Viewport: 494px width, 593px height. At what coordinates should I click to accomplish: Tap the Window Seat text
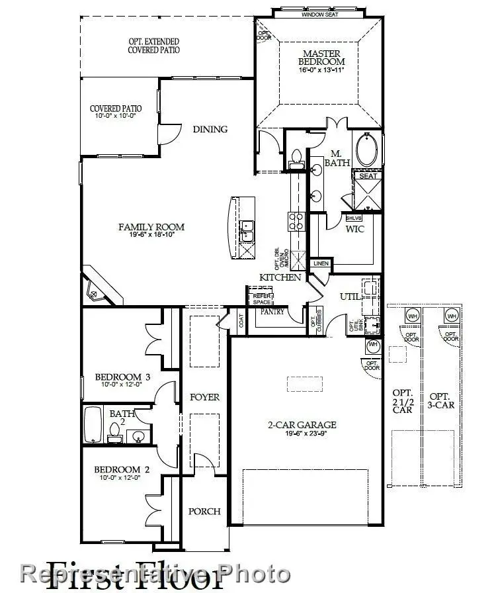(320, 14)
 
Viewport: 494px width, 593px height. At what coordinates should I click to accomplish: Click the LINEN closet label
(321, 263)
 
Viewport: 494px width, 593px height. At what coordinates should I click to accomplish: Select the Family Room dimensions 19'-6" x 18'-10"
(151, 236)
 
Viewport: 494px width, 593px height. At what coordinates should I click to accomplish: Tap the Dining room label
(210, 129)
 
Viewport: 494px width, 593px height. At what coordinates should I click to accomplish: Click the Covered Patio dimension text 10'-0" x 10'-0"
(116, 116)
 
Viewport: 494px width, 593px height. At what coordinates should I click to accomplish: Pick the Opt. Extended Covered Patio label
(154, 46)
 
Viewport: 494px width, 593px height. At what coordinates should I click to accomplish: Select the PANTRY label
(272, 311)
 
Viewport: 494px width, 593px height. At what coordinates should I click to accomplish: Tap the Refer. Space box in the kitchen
(259, 298)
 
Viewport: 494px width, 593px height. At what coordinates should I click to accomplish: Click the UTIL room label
(350, 297)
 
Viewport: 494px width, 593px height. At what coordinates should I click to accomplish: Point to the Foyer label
(204, 397)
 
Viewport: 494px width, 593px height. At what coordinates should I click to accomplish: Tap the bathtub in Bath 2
(93, 424)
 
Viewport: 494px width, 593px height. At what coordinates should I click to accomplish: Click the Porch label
(204, 512)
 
